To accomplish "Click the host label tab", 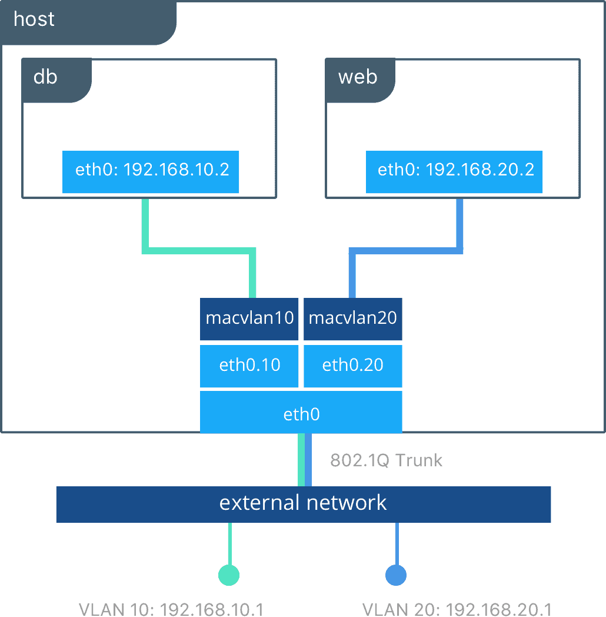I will click(x=34, y=19).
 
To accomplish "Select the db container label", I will click(x=46, y=77).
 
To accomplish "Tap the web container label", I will click(x=358, y=77).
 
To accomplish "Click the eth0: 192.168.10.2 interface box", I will click(x=151, y=171).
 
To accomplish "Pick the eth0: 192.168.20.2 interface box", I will click(x=454, y=171).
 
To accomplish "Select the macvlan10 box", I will click(x=249, y=319).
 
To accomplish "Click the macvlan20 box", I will click(x=352, y=319).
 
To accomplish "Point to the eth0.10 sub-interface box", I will click(x=249, y=365).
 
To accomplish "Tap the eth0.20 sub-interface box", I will click(x=352, y=365).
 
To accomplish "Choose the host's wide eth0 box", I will click(x=301, y=414).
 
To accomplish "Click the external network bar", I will click(x=303, y=503).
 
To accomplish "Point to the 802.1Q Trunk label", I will click(x=386, y=460).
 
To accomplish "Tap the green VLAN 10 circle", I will click(x=229, y=575).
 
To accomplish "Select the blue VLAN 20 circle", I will click(x=396, y=575).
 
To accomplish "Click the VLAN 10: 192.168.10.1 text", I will click(x=170, y=609).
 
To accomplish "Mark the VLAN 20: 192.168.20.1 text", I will click(x=456, y=609).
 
